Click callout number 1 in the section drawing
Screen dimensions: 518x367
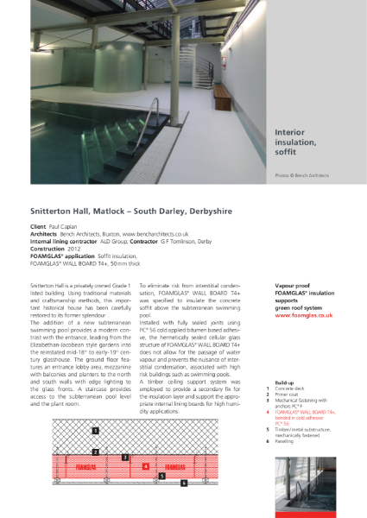click(x=96, y=429)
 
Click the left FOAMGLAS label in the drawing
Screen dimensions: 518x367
click(x=87, y=466)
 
